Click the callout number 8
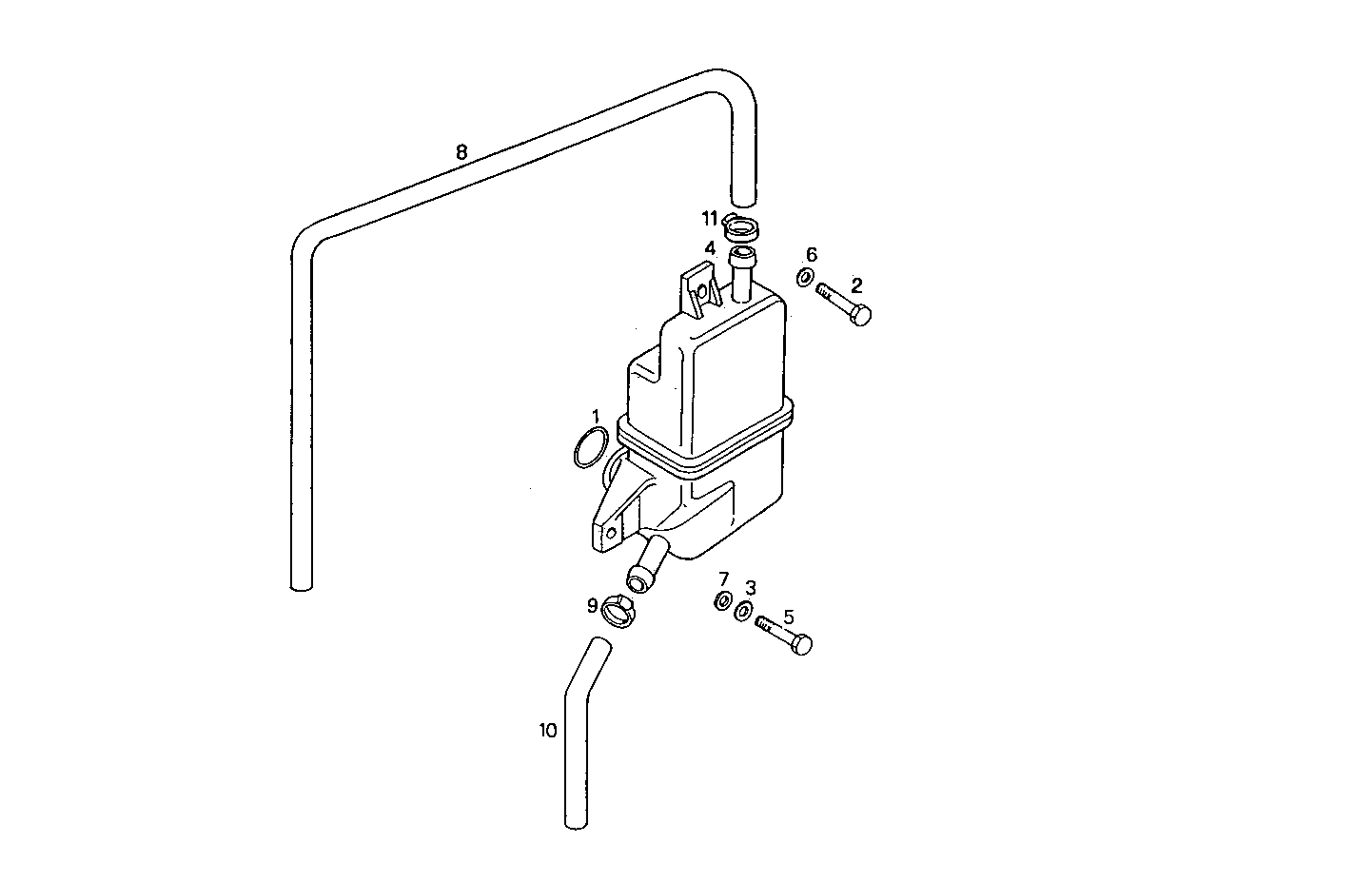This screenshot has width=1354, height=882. (x=461, y=151)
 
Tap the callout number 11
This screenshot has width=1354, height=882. (x=710, y=219)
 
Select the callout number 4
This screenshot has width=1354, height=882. (x=710, y=248)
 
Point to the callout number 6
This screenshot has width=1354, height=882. (x=812, y=254)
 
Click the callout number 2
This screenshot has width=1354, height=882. (x=856, y=284)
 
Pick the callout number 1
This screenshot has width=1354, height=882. (x=596, y=416)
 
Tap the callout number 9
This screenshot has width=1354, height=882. (x=592, y=605)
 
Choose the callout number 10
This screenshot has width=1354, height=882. (x=547, y=731)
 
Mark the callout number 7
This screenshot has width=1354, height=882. (x=723, y=579)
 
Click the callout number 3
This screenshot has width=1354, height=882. (x=751, y=587)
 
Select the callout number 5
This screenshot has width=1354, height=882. (x=788, y=617)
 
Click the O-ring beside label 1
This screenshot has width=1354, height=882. (x=591, y=447)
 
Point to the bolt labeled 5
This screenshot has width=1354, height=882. (x=785, y=635)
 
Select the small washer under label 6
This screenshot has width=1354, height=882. (x=804, y=278)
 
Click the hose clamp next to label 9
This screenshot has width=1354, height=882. (x=619, y=609)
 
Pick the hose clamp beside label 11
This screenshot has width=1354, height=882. (x=739, y=229)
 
